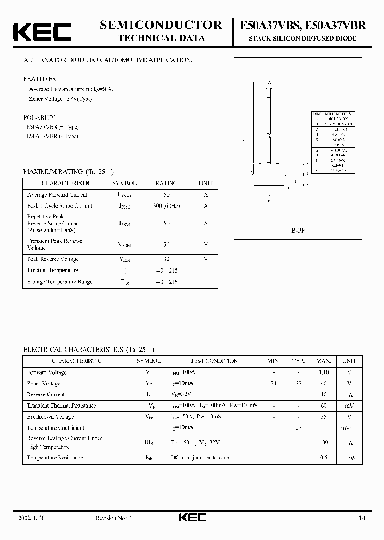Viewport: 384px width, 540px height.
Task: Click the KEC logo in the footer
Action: click(191, 517)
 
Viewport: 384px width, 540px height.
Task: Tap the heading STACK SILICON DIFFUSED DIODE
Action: click(303, 39)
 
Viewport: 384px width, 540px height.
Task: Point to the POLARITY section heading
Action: click(39, 117)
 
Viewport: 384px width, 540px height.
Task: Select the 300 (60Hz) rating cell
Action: click(166, 206)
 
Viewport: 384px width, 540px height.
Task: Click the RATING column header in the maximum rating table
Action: click(166, 183)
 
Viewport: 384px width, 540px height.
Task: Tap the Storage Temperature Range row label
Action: click(59, 282)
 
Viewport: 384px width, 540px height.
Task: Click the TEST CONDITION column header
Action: click(214, 361)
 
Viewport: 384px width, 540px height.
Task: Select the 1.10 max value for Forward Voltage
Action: click(323, 372)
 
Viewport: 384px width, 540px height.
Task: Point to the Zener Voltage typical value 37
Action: click(298, 384)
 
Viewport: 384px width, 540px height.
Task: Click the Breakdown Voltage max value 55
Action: click(323, 417)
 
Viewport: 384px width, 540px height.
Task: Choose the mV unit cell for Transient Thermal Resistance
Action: click(349, 406)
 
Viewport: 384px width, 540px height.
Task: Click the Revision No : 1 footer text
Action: click(113, 518)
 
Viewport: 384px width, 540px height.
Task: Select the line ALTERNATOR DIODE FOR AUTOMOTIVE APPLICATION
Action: click(107, 60)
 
